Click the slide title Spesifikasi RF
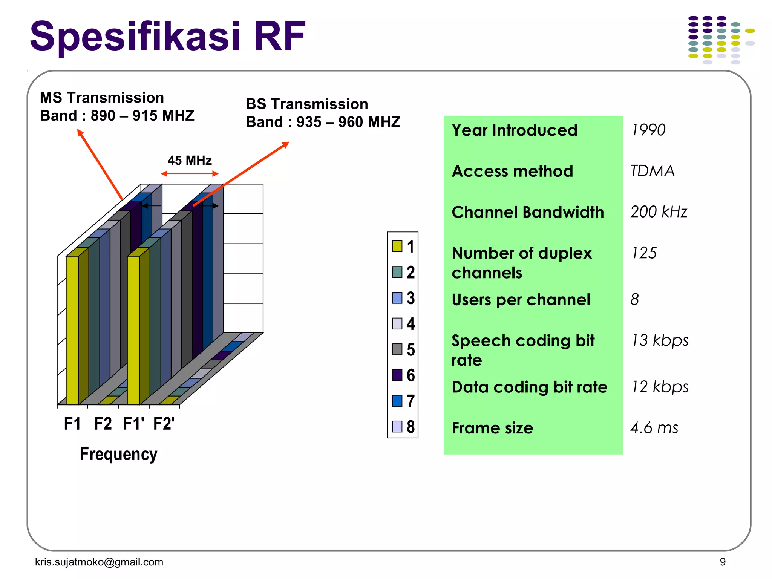click(167, 37)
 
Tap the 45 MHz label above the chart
click(190, 161)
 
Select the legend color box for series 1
click(397, 247)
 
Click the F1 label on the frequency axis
click(72, 424)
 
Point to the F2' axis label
click(164, 424)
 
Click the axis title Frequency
click(118, 454)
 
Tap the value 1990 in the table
click(648, 130)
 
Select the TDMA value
click(653, 171)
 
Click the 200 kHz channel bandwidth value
click(659, 212)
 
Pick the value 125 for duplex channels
click(644, 253)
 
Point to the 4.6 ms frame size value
click(654, 428)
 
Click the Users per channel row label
click(521, 300)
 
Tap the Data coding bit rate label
click(529, 388)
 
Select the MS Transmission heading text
click(102, 98)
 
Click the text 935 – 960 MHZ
click(348, 122)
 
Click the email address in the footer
click(99, 562)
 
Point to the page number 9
click(723, 562)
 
